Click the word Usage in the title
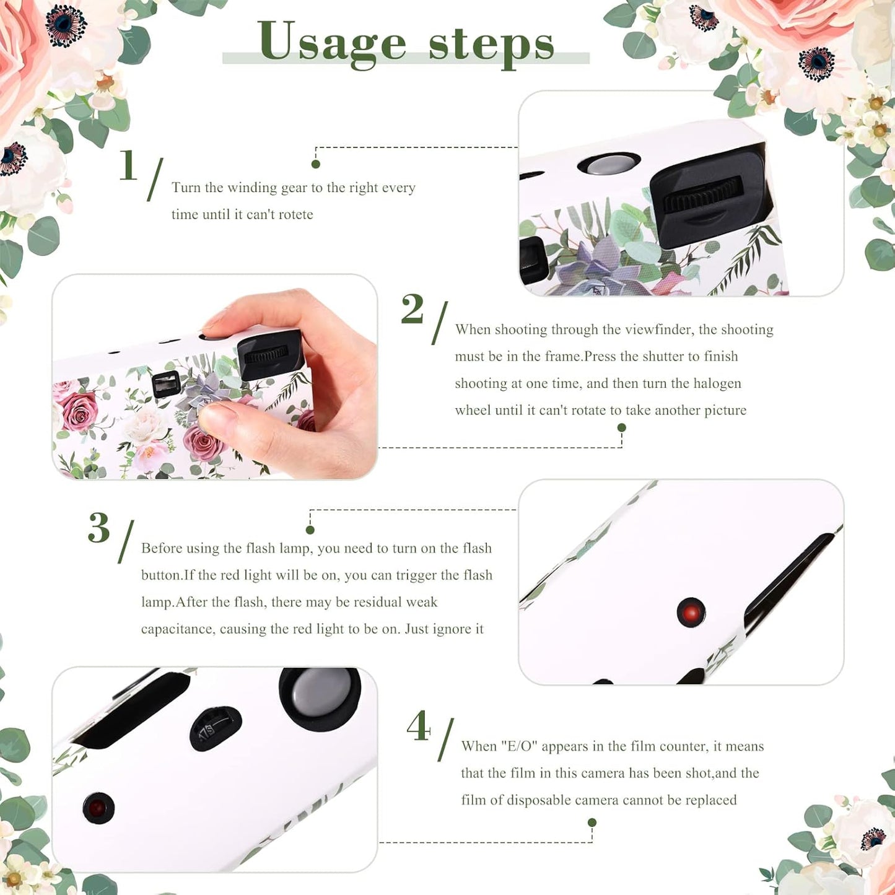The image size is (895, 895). [332, 42]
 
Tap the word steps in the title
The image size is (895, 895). [491, 45]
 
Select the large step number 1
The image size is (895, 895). [128, 165]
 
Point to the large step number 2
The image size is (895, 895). [413, 309]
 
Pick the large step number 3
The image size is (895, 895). [99, 528]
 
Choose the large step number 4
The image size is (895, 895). [419, 726]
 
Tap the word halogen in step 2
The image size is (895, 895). [717, 383]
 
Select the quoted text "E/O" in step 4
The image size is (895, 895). [518, 746]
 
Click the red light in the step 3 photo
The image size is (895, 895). [691, 613]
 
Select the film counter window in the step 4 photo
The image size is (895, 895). [214, 727]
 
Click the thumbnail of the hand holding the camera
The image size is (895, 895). [215, 377]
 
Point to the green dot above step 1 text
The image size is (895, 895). [316, 164]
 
